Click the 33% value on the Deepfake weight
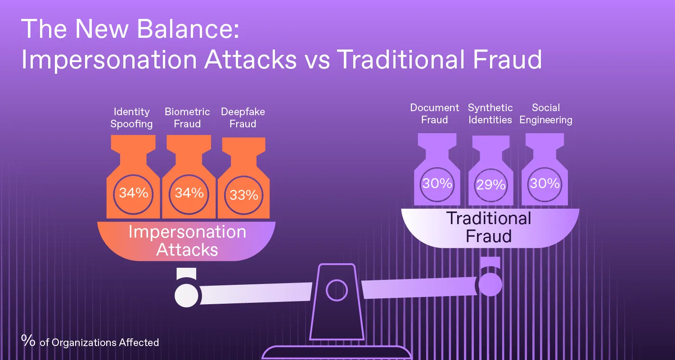(244, 195)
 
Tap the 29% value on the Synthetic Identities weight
(491, 184)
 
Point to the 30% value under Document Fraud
(437, 183)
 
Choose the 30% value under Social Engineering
(545, 183)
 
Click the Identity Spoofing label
(131, 118)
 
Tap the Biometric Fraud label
(187, 118)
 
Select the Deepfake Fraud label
(243, 118)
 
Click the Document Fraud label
(434, 113)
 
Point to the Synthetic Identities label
(490, 113)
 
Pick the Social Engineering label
(546, 114)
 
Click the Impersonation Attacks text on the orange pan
(187, 241)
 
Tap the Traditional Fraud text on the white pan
(488, 227)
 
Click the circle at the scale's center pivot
(337, 290)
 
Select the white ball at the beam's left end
(187, 296)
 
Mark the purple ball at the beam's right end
(490, 284)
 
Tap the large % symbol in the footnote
(28, 340)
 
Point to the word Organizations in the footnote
(84, 343)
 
